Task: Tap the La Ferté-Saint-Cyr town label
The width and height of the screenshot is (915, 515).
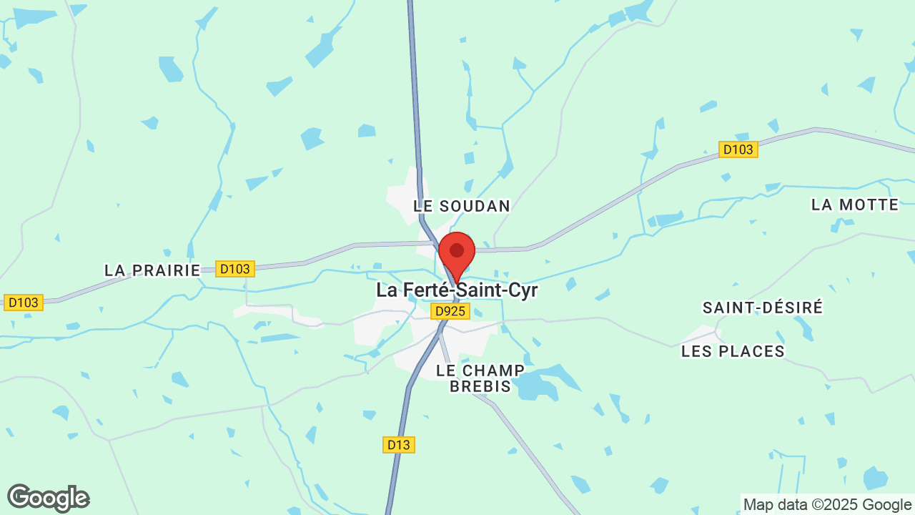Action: coord(457,290)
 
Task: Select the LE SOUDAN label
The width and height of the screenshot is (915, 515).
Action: coord(462,206)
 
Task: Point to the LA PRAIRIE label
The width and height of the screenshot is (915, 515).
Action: coord(152,270)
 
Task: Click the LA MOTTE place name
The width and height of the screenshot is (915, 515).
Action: coord(855,205)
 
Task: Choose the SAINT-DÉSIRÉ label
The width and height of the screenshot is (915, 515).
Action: coord(763,308)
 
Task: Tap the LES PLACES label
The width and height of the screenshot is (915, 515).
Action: coord(733,351)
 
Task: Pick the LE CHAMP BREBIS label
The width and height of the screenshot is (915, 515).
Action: coord(480,378)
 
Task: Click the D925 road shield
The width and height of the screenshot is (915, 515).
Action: coord(450,311)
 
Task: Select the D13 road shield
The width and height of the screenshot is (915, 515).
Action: coord(399,445)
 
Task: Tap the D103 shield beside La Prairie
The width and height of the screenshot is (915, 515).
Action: coord(235,269)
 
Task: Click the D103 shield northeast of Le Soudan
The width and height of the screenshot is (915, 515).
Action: coord(738,149)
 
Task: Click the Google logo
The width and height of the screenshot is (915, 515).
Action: coord(48,498)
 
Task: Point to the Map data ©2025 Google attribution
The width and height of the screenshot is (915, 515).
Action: coord(826,504)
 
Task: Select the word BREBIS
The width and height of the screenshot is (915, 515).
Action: coord(480,386)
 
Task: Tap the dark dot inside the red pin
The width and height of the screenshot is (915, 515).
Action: coord(457,250)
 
